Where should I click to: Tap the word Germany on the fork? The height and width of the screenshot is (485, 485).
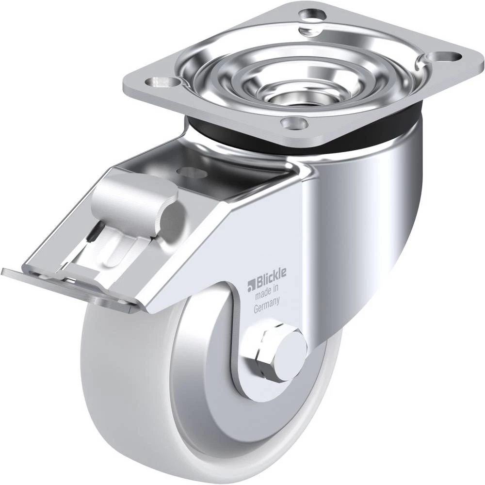click(x=267, y=305)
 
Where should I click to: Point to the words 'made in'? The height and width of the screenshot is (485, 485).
click(x=267, y=291)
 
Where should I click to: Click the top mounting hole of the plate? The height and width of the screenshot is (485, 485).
click(x=312, y=15)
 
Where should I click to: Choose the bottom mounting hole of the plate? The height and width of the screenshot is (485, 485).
click(x=294, y=123)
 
